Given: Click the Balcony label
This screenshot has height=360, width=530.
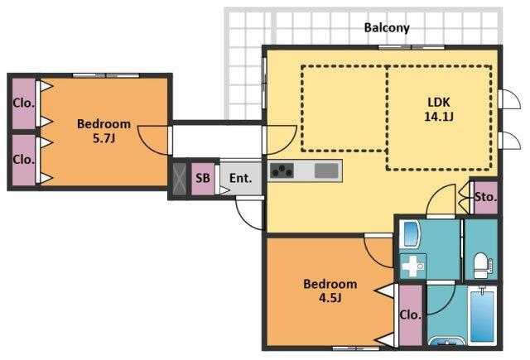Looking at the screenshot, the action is pyautogui.click(x=387, y=27).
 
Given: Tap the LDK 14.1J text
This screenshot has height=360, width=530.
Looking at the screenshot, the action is pyautogui.click(x=439, y=109).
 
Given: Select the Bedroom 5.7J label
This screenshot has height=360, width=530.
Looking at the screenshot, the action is pyautogui.click(x=104, y=131).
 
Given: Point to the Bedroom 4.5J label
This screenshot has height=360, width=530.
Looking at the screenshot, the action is pyautogui.click(x=330, y=290).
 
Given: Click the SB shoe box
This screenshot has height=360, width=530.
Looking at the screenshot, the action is pyautogui.click(x=203, y=179).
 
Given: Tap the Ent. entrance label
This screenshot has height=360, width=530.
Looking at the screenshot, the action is pyautogui.click(x=240, y=178).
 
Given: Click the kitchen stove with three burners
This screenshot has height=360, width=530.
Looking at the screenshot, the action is pyautogui.click(x=282, y=170).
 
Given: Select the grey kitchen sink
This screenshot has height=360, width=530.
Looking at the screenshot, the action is pyautogui.click(x=326, y=170).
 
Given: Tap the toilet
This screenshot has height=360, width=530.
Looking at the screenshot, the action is pyautogui.click(x=482, y=266).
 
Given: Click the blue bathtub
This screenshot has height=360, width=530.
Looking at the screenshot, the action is pyautogui.click(x=482, y=315).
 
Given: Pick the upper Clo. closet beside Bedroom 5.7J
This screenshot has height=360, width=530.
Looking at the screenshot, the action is pyautogui.click(x=24, y=103).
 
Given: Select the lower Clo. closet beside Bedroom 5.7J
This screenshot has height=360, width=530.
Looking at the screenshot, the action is pyautogui.click(x=24, y=160).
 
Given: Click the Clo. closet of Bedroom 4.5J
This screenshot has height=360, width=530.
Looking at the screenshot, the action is pyautogui.click(x=411, y=315).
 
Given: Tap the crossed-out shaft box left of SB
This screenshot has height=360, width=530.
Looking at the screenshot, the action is pyautogui.click(x=180, y=179).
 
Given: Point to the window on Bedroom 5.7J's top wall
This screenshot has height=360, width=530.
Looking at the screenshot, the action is pyautogui.click(x=106, y=75).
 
